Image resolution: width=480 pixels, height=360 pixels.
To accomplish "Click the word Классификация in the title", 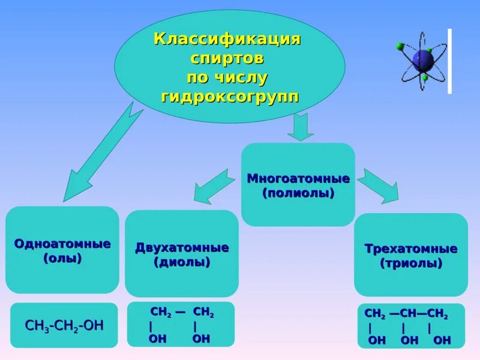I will point(227,40).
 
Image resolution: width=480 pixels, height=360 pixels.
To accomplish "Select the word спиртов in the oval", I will point(227,59).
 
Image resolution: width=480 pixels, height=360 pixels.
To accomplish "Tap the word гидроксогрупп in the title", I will point(230,97).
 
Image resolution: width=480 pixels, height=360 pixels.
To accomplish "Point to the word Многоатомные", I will point(298,179).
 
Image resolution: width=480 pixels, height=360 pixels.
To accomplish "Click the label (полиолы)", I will point(298,193).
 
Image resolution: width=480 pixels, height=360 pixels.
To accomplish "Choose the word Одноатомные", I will point(62,244).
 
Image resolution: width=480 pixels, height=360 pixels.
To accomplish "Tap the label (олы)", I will point(62,259).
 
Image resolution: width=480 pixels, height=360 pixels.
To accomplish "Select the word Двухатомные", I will point(182,248).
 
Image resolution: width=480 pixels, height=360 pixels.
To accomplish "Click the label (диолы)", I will point(182,262).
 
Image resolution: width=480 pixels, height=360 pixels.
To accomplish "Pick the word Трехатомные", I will point(411,249).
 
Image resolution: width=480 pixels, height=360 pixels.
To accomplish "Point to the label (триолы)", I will point(411,263).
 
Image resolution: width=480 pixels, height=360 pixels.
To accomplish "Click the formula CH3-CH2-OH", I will point(64,325).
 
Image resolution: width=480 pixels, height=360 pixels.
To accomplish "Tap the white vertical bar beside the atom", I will point(449,61).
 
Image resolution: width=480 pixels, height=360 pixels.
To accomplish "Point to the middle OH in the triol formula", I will point(409,340).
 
